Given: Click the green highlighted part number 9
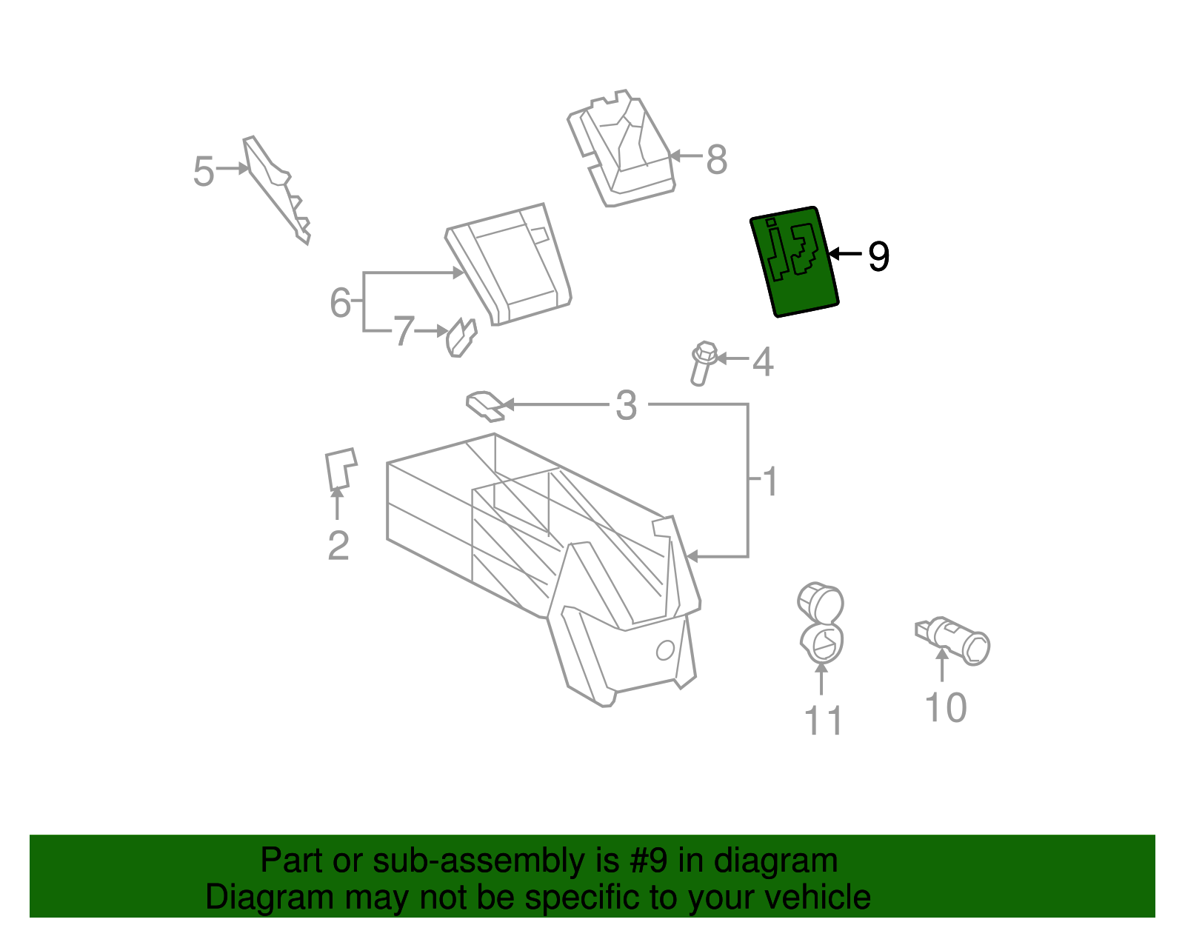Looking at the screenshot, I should click(794, 261).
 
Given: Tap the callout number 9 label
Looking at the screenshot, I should click(878, 256).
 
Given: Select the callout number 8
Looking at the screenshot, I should click(716, 159).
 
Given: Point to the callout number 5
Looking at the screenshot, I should click(204, 172).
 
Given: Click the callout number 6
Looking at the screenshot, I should click(340, 302).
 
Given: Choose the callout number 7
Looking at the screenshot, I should click(404, 331).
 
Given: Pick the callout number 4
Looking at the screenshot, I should click(763, 362).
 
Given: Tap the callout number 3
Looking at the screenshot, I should click(627, 406).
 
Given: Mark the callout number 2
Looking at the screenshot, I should click(338, 547).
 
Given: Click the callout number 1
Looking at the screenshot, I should click(770, 482).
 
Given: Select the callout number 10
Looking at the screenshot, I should click(946, 707).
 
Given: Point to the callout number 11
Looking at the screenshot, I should click(823, 721).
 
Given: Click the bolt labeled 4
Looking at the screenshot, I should click(702, 363).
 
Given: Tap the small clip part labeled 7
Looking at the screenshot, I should click(461, 338).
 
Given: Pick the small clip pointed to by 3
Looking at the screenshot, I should click(485, 404).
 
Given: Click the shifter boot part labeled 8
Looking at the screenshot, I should click(624, 149).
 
